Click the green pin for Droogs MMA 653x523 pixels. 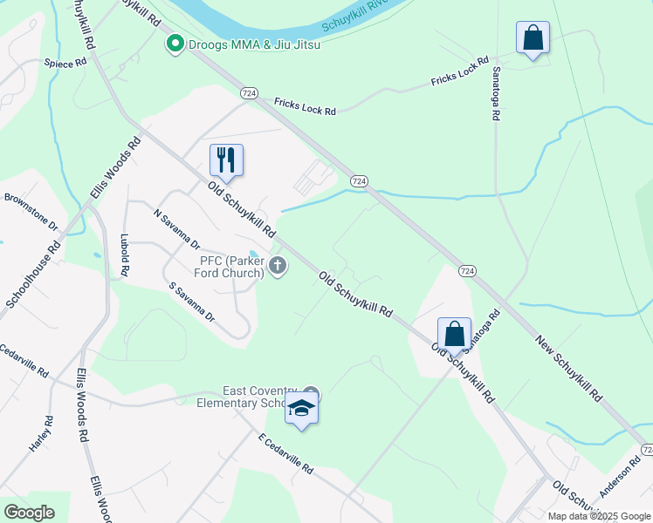(x=175, y=43)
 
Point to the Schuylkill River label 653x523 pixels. (x=353, y=15)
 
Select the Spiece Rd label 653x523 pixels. (x=65, y=63)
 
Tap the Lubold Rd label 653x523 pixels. (x=125, y=255)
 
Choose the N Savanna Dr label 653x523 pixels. (x=176, y=228)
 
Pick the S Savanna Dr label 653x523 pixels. (x=192, y=302)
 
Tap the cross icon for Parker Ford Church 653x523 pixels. (x=278, y=266)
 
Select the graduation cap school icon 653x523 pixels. (x=301, y=408)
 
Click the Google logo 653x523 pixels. (x=28, y=512)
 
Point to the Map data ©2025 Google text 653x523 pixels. (x=599, y=516)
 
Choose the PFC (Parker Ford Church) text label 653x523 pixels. (x=231, y=267)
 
